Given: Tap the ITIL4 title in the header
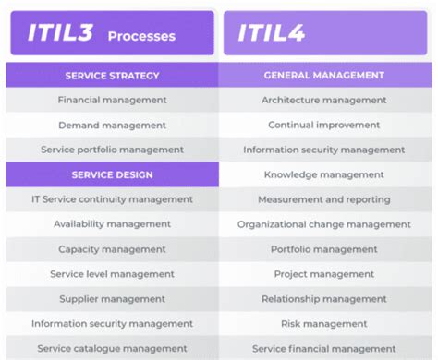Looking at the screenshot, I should pyautogui.click(x=272, y=34).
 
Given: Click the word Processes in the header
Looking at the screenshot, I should pyautogui.click(x=140, y=37).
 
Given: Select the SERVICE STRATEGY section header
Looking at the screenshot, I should pyautogui.click(x=113, y=75).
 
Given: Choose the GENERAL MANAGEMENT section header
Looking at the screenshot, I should pyautogui.click(x=323, y=75).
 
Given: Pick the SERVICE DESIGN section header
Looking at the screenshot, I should pyautogui.click(x=113, y=174).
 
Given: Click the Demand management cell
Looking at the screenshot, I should pyautogui.click(x=113, y=125).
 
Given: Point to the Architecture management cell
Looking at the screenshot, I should pyautogui.click(x=323, y=100).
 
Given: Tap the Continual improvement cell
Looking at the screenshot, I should pyautogui.click(x=323, y=125).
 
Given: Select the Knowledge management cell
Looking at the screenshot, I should pyautogui.click(x=323, y=174).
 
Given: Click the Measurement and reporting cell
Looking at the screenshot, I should pyautogui.click(x=323, y=199).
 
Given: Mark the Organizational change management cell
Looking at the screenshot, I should pyautogui.click(x=323, y=224).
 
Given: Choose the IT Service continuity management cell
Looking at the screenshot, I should pyautogui.click(x=113, y=199).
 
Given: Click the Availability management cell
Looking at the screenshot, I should pyautogui.click(x=113, y=224).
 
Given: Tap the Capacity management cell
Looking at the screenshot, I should pyautogui.click(x=113, y=249).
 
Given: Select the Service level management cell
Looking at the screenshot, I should pyautogui.click(x=113, y=274).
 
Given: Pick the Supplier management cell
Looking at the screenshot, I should pyautogui.click(x=113, y=299).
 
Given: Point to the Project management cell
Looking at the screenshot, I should pyautogui.click(x=323, y=274).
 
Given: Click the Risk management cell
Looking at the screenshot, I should pyautogui.click(x=323, y=324).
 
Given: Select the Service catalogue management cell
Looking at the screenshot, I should pyautogui.click(x=113, y=349).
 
